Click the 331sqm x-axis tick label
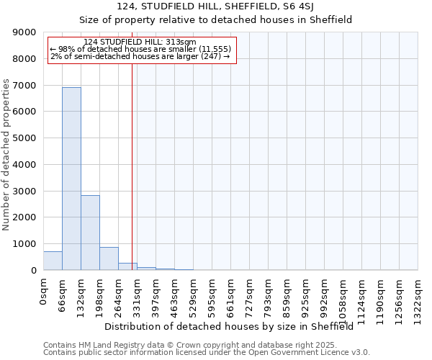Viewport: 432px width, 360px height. coord(137,294)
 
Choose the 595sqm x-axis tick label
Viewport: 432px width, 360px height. coord(212,294)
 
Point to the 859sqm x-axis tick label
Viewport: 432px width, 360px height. coord(287,294)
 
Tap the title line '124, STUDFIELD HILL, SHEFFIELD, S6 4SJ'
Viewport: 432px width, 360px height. coord(215,6)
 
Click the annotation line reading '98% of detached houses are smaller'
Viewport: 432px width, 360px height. coord(140,49)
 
